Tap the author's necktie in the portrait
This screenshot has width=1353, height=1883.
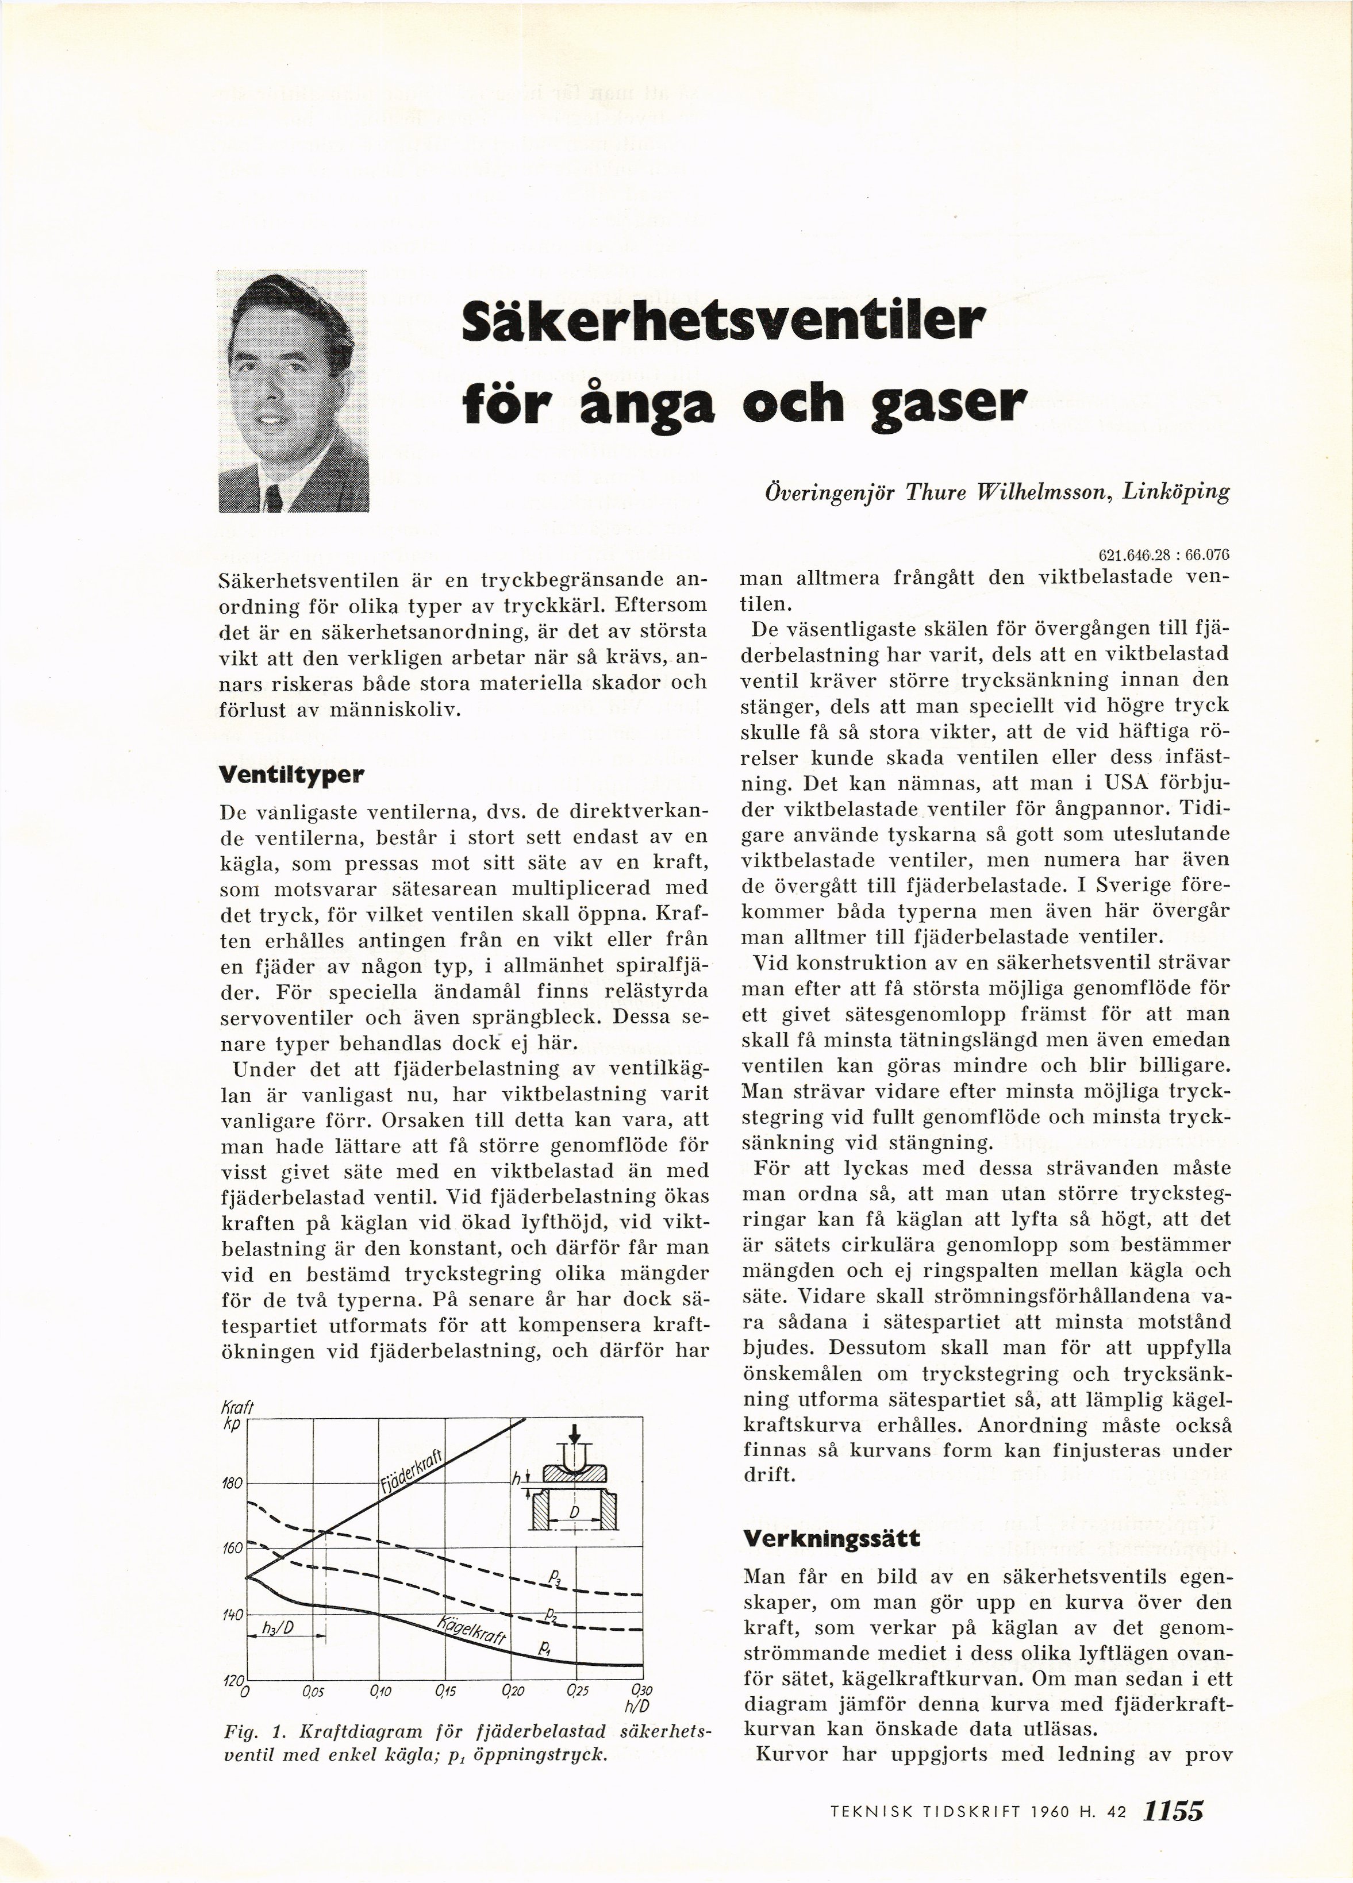pos(274,499)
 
